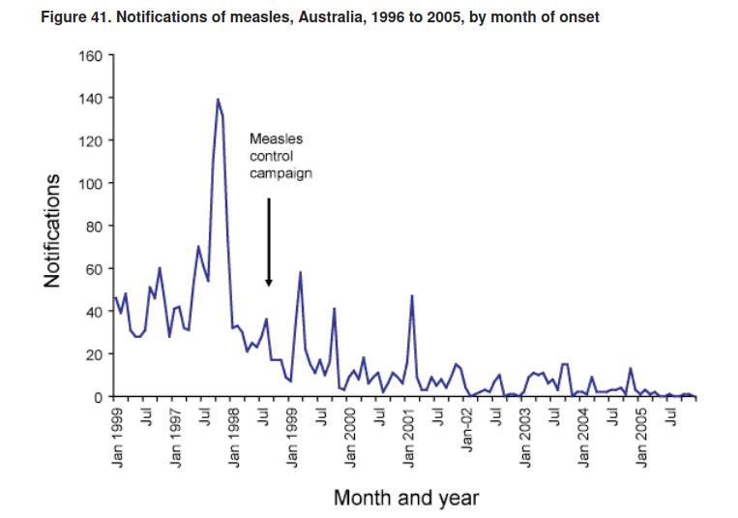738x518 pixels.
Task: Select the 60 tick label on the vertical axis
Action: pos(92,268)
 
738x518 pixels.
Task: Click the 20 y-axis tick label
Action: pos(92,354)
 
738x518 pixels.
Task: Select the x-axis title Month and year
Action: pos(405,499)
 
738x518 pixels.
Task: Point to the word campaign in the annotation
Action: pos(280,173)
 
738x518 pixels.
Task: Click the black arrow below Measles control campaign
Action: pos(269,242)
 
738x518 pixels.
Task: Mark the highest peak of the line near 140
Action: pos(218,99)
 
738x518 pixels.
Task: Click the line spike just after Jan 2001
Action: pos(413,295)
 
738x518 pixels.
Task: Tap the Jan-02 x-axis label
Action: pos(467,428)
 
